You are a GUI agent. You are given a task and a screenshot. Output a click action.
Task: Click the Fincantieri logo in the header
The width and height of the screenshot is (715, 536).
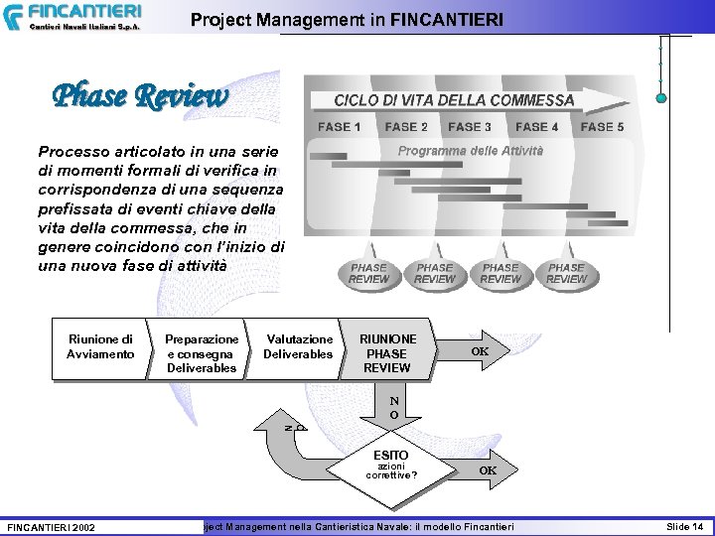[x=71, y=17]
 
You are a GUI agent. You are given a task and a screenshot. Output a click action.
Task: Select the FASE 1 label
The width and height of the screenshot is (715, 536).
[x=339, y=127]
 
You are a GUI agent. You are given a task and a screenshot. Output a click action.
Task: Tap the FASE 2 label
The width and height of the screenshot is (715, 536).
[x=406, y=127]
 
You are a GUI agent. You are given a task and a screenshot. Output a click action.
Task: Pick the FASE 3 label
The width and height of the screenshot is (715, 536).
[x=470, y=127]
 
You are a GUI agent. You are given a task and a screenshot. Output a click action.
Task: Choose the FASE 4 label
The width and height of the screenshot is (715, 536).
[x=536, y=127]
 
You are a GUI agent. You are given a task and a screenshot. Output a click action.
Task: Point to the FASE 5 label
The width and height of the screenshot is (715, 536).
[x=602, y=127]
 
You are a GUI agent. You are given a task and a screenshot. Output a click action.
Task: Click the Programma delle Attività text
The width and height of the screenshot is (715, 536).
[x=470, y=151]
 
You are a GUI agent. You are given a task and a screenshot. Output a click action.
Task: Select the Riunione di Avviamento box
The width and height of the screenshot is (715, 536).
[x=100, y=347]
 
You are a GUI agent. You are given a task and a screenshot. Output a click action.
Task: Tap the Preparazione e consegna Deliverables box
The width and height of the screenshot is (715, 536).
[x=202, y=353]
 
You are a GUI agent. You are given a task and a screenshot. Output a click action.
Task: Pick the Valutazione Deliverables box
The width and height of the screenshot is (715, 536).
[x=298, y=347]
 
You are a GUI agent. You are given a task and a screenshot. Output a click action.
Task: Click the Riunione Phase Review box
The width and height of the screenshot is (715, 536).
[x=387, y=353]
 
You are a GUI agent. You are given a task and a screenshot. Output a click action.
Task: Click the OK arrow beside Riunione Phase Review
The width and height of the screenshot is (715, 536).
[x=482, y=351]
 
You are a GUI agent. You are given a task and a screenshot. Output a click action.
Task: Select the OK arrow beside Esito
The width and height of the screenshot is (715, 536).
[x=489, y=469]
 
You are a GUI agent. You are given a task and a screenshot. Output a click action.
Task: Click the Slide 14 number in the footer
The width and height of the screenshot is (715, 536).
[x=684, y=524]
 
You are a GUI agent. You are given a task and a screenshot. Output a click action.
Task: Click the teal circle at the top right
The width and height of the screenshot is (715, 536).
[x=661, y=97]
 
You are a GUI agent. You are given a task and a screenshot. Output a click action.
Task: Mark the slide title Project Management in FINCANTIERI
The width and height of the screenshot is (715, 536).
[x=347, y=19]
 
